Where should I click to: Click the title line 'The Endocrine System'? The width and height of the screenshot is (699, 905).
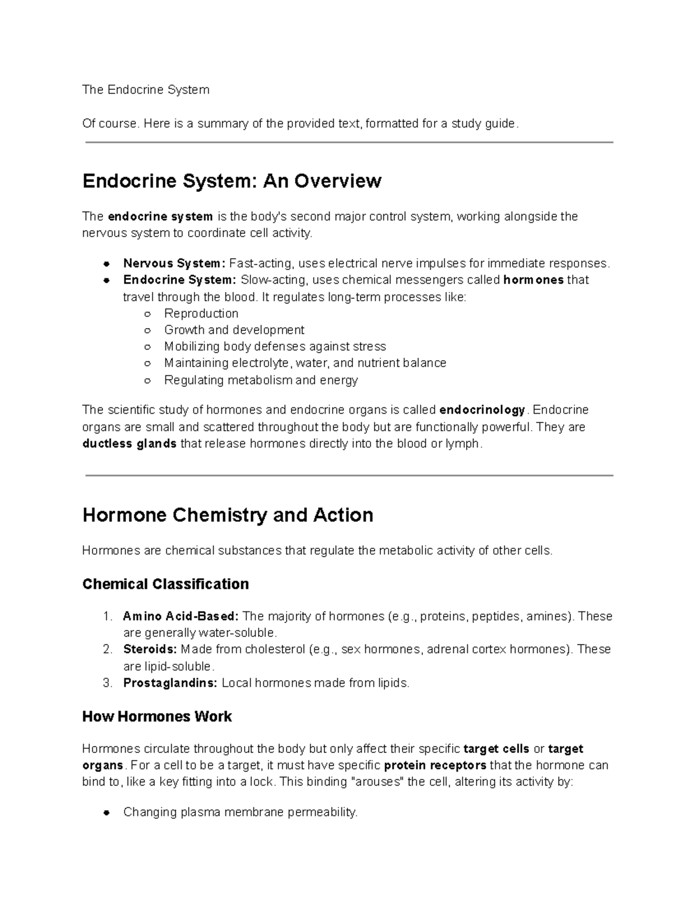click(146, 90)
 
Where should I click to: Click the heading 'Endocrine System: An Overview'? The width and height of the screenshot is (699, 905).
click(232, 181)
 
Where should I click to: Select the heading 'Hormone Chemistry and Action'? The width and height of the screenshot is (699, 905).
click(228, 515)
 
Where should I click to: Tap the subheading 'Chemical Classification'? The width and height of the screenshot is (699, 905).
click(165, 584)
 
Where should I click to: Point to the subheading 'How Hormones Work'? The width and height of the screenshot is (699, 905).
click(157, 716)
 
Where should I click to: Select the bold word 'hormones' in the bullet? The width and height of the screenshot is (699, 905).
click(533, 280)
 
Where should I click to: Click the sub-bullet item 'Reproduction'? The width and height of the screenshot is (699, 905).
click(201, 314)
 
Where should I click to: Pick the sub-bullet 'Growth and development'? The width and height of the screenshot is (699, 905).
click(234, 330)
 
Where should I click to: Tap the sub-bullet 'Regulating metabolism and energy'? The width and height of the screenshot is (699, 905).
click(261, 381)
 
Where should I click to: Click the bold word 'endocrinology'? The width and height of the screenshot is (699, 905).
click(482, 410)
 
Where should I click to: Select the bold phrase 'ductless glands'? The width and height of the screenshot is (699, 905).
click(129, 444)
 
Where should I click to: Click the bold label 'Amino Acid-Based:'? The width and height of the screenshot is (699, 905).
click(181, 617)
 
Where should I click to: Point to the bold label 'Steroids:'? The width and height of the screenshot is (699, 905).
click(150, 649)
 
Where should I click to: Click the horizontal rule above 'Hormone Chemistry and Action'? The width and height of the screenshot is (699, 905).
click(349, 476)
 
